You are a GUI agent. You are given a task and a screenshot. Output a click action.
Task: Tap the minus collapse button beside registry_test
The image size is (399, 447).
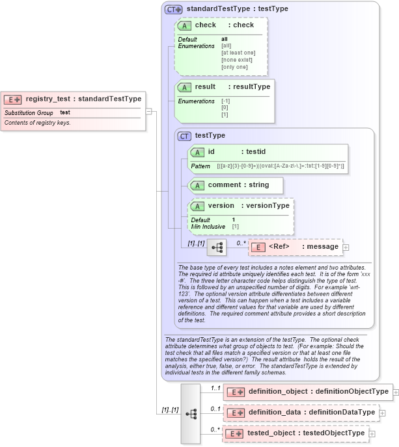[149, 111]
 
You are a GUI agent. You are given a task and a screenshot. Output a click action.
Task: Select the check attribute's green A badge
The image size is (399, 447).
[184, 25]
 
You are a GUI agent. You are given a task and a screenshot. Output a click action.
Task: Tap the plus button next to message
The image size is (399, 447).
[346, 247]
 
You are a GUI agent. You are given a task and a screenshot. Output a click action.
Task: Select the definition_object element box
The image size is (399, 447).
[306, 392]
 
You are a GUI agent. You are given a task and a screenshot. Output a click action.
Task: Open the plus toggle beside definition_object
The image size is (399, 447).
[396, 392]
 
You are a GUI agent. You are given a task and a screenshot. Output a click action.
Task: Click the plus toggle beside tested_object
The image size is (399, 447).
[372, 433]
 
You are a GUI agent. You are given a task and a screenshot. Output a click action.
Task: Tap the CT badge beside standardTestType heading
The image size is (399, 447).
[173, 9]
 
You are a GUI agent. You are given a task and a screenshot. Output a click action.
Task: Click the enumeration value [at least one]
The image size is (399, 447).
[238, 53]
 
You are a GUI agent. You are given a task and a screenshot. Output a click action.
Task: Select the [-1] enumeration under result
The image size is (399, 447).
[225, 101]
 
